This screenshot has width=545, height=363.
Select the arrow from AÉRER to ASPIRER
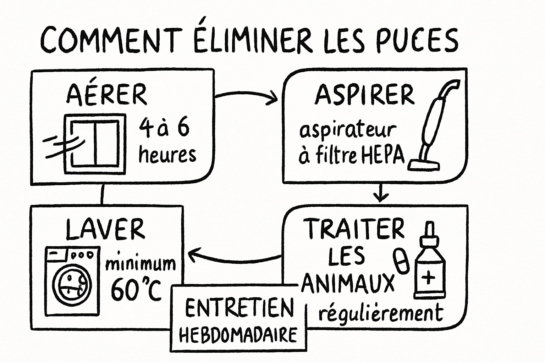246,96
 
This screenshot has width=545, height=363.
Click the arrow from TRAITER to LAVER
234,258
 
